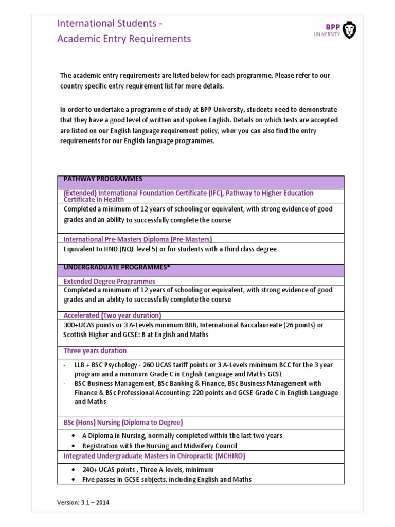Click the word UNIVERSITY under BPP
(x=327, y=35)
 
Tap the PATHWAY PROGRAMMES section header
(x=103, y=179)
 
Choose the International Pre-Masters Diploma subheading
(x=137, y=239)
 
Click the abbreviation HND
(x=109, y=249)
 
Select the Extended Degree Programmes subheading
(x=109, y=282)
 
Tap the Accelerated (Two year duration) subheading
(x=112, y=315)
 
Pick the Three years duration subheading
(x=95, y=350)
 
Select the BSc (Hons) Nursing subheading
(x=123, y=423)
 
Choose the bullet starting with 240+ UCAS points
(x=148, y=470)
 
